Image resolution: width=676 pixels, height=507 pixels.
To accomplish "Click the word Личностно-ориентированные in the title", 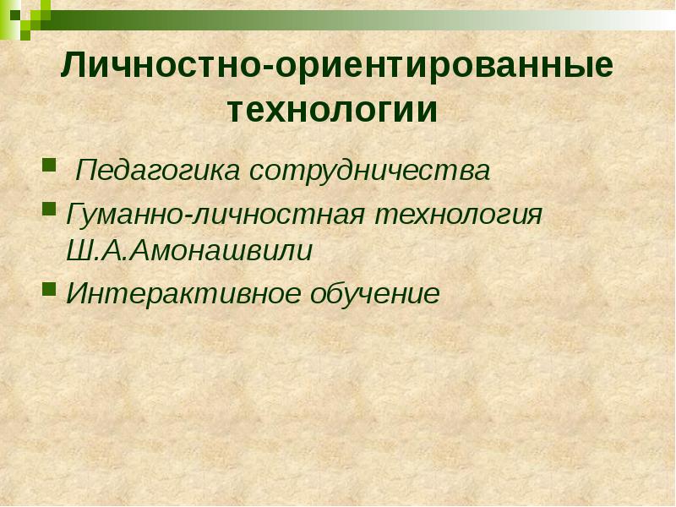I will click(335, 67).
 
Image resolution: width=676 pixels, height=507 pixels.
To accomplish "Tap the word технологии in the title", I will click(335, 111).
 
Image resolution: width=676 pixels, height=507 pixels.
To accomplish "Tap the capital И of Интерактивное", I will click(76, 293).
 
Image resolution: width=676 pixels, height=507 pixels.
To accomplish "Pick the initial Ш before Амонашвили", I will click(77, 251).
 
